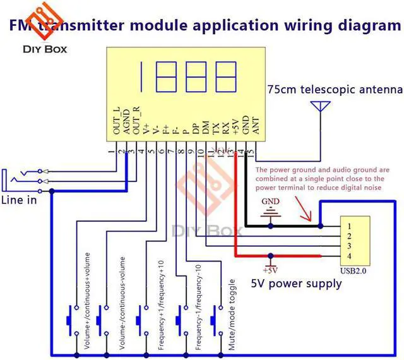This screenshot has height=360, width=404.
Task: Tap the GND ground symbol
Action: point(271,212)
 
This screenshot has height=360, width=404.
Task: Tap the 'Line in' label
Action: point(18,200)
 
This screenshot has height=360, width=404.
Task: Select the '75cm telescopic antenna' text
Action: point(333,88)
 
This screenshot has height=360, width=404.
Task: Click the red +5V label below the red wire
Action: point(271,265)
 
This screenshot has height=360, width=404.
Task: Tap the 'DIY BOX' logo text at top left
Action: point(44,49)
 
